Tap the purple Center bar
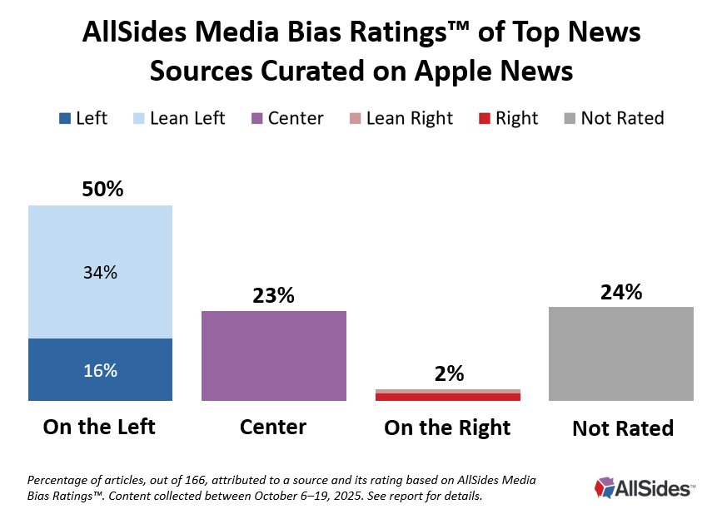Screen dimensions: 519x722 point(273,356)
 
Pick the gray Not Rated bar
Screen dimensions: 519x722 point(621,353)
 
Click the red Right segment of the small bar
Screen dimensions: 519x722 point(448,398)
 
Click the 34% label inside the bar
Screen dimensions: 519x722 point(100,272)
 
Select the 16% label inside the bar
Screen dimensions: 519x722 point(100,371)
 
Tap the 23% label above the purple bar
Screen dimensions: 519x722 point(273,295)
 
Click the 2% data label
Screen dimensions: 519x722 point(449,374)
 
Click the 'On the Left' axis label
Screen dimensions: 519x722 point(100,428)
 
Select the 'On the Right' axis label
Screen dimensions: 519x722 point(447,428)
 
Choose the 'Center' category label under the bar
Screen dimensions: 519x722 point(273,428)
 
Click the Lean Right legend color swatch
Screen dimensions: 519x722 point(355,119)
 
